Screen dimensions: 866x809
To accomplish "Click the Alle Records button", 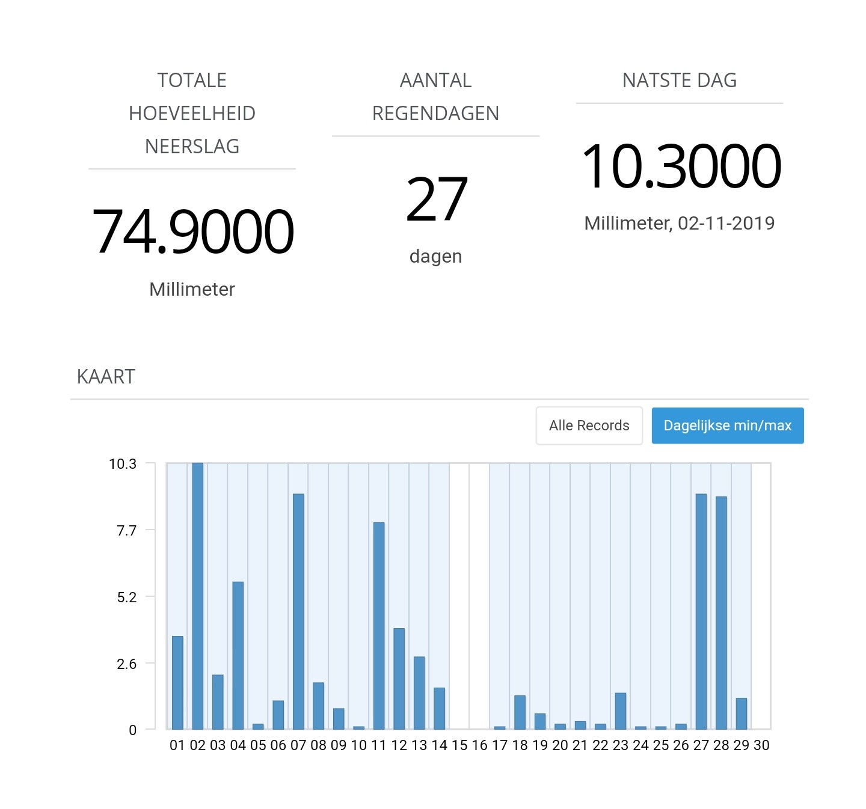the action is coord(589,426).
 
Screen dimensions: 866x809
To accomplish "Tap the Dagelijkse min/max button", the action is coord(727,426).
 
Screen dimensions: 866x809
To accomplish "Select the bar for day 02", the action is coord(197,596).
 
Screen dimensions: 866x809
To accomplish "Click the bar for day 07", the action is coord(298,611).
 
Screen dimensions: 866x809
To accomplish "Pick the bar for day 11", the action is coord(379,626).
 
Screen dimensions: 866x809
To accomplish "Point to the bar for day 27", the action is coord(701,611).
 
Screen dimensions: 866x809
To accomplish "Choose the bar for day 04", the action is coord(238,656).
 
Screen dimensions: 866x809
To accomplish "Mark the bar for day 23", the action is coord(621,711).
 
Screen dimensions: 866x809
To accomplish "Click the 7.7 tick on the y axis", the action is coord(127,531).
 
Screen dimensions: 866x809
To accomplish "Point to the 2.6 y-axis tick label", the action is coord(127,664).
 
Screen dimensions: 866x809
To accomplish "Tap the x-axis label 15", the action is coord(459,745).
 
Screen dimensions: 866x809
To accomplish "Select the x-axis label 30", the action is coord(761,745).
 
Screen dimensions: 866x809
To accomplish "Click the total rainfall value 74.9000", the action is coord(192,231).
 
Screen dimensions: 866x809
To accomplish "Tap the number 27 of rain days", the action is coord(437,199).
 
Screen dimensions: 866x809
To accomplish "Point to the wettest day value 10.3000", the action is coord(681,166).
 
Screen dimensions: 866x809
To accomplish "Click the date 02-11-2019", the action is coord(726,223).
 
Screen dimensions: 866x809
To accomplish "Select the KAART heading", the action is coord(106,377).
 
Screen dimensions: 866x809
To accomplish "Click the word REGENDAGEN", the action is coord(435,114).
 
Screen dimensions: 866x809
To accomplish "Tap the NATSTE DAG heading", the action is coord(680,80).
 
